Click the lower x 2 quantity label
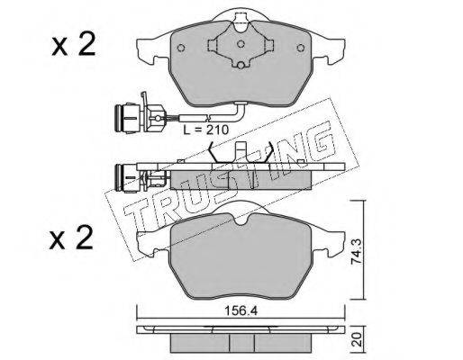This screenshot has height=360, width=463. pyautogui.click(x=71, y=238)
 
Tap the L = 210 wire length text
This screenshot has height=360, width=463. pyautogui.click(x=206, y=130)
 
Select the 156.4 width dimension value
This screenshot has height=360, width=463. pyautogui.click(x=241, y=311)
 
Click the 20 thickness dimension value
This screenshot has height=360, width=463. pyautogui.click(x=357, y=339)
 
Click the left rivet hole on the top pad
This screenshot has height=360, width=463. pyautogui.click(x=181, y=48)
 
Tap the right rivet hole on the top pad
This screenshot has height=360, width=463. pyautogui.click(x=301, y=48)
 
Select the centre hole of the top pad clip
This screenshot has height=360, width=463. pyautogui.click(x=241, y=44)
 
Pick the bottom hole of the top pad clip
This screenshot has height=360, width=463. pyautogui.click(x=241, y=65)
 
